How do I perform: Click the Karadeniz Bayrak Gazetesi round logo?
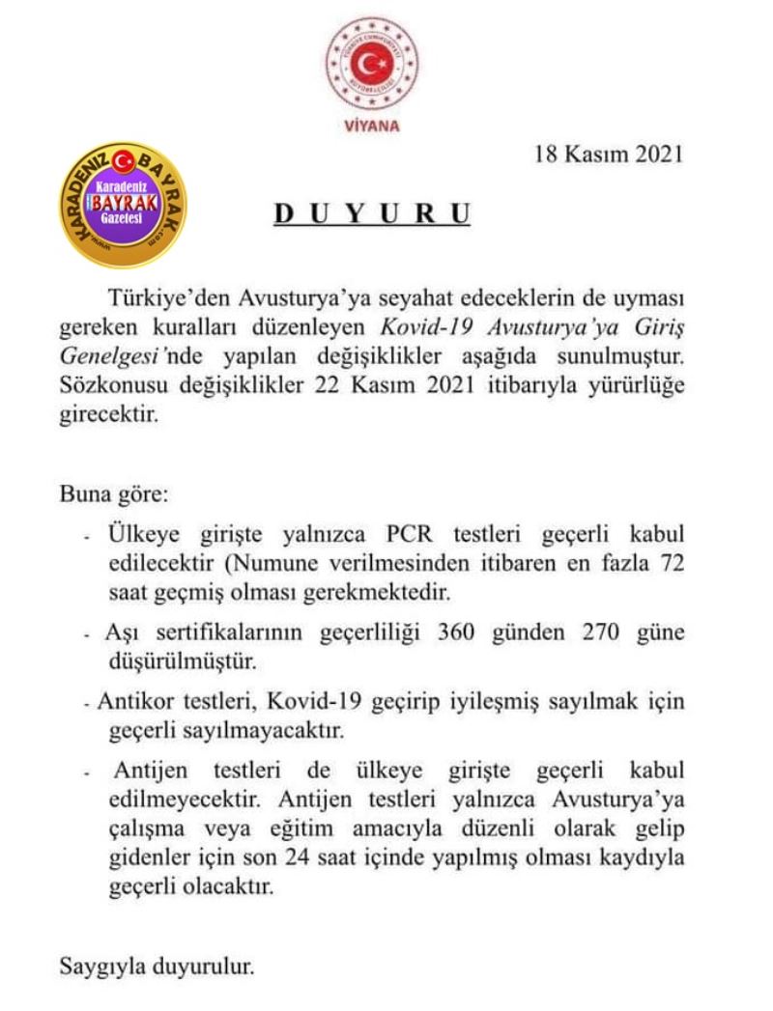[123, 205]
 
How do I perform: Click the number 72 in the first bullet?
[671, 560]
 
